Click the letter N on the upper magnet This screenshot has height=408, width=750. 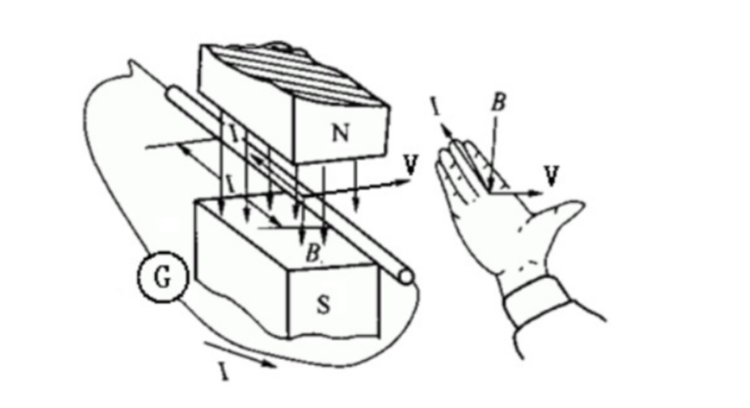[341, 134]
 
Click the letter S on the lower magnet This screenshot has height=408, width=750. [323, 305]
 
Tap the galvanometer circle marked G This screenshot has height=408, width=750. [162, 278]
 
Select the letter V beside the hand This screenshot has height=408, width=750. [552, 176]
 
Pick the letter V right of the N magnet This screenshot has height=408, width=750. [408, 164]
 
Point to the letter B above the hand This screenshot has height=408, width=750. [498, 103]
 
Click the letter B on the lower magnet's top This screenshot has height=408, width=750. [312, 254]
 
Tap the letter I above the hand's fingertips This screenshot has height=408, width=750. [434, 105]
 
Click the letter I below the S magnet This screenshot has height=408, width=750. [223, 372]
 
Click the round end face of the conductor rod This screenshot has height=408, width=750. [405, 276]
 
